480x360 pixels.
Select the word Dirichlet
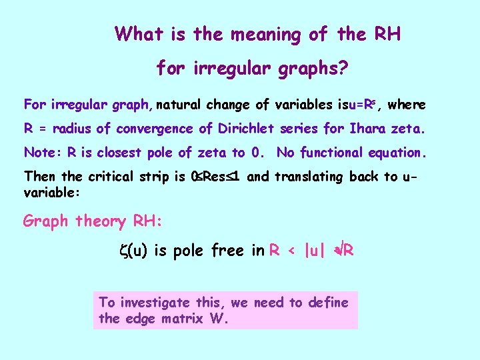pos(251,128)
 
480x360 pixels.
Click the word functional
pos(335,153)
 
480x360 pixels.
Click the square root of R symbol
pos(344,251)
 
